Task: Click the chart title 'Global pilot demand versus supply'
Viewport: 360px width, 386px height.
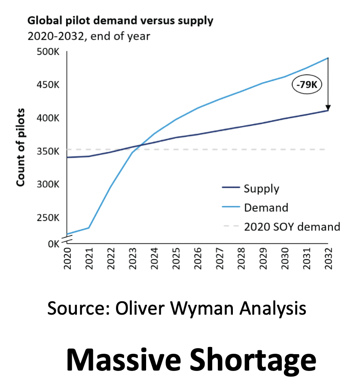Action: click(120, 21)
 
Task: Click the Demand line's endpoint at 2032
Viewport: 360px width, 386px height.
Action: click(328, 58)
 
